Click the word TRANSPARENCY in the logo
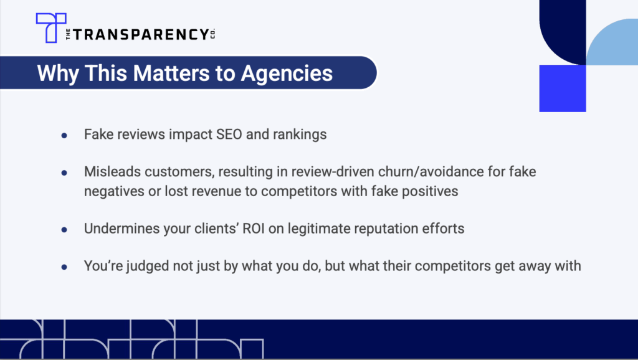click(x=141, y=35)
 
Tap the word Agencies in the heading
click(x=287, y=73)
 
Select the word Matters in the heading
click(x=171, y=73)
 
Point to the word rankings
click(x=300, y=135)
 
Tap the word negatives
click(x=114, y=191)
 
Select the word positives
click(x=430, y=191)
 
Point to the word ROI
click(x=254, y=229)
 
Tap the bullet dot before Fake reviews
click(x=64, y=135)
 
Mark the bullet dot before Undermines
click(x=64, y=230)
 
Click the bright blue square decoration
click(x=563, y=88)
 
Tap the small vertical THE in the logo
click(x=68, y=35)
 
